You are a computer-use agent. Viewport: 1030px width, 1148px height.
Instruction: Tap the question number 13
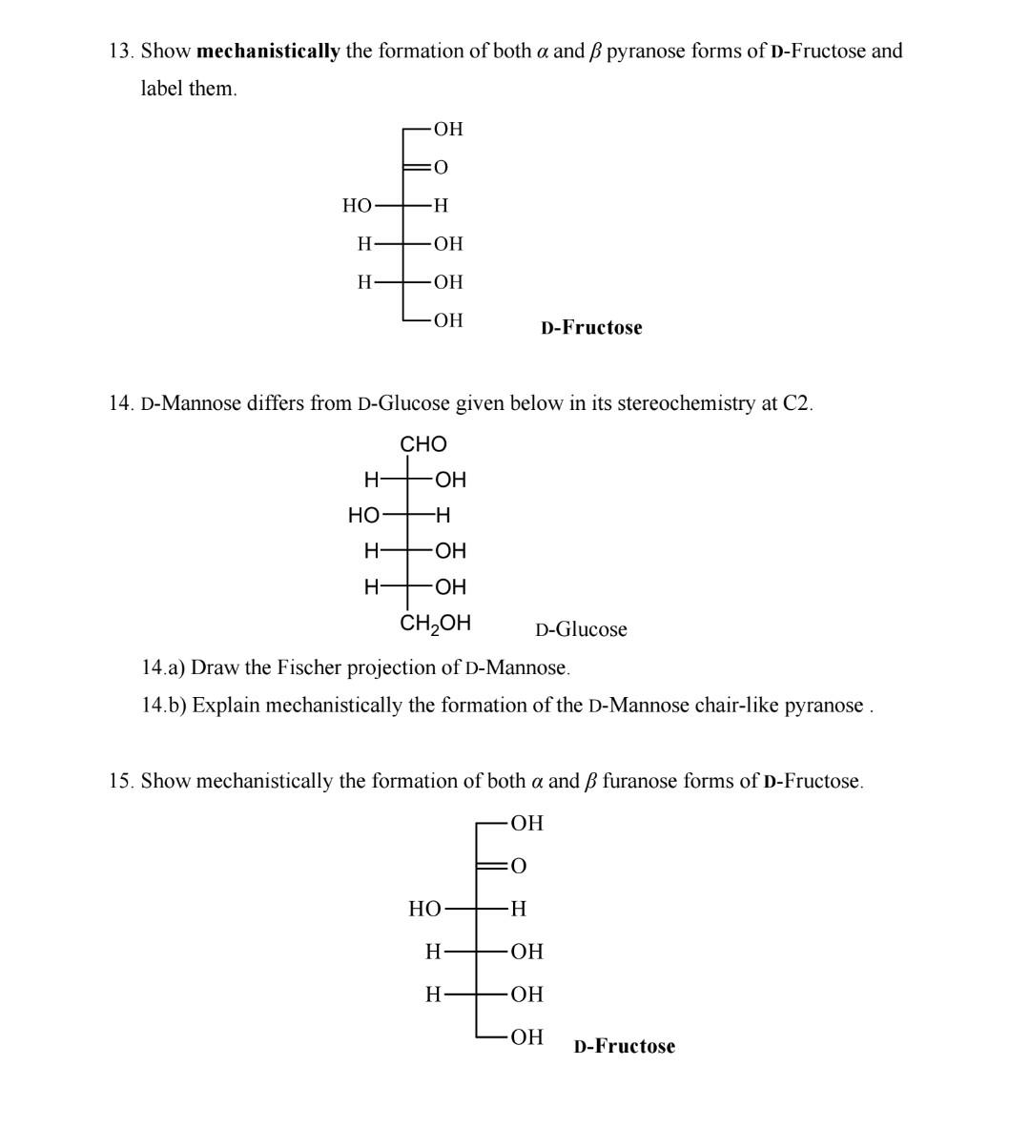pyautogui.click(x=120, y=51)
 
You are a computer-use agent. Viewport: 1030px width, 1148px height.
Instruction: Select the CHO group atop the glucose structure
pyautogui.click(x=422, y=444)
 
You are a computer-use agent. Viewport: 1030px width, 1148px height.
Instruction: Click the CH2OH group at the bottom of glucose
pyautogui.click(x=435, y=624)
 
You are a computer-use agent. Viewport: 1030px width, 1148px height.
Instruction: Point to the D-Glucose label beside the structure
pyautogui.click(x=581, y=629)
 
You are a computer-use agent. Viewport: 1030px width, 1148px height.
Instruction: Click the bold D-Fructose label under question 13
pyautogui.click(x=591, y=328)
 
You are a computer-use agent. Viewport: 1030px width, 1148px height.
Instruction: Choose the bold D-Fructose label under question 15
pyautogui.click(x=624, y=1047)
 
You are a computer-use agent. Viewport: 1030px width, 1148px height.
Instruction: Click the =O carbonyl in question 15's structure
pyautogui.click(x=516, y=866)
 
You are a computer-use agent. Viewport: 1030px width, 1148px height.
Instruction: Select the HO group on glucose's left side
pyautogui.click(x=363, y=516)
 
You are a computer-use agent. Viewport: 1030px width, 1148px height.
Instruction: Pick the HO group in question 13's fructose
pyautogui.click(x=358, y=205)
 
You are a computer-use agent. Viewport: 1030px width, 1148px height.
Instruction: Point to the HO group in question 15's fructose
pyautogui.click(x=425, y=909)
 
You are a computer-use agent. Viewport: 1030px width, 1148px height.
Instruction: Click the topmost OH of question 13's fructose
pyautogui.click(x=447, y=129)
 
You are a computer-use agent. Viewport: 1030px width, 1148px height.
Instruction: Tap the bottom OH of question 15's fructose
pyautogui.click(x=526, y=1036)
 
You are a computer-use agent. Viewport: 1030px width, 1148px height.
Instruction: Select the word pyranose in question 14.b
pyautogui.click(x=823, y=706)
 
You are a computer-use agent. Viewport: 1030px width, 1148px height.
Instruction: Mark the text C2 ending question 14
pyautogui.click(x=797, y=403)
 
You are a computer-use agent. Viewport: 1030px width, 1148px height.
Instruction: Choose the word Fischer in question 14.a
pyautogui.click(x=310, y=667)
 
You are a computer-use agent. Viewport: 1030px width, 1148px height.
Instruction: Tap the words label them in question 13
pyautogui.click(x=188, y=89)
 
